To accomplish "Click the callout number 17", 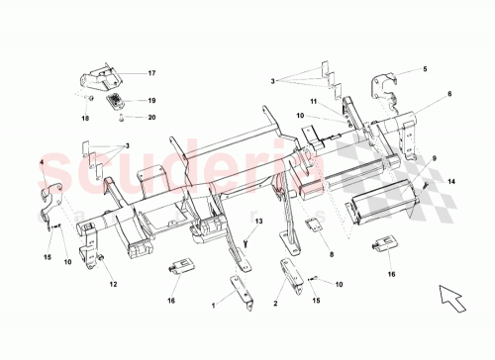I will pos(152,74).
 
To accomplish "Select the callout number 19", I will pos(152,101).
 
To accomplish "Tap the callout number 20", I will pos(152,117).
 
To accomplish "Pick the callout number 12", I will pos(112,285).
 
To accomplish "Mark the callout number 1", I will pos(212,308).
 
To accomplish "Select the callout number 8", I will pos(331,255).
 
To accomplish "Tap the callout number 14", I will pos(452,183).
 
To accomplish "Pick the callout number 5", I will pos(425,70).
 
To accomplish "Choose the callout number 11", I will pos(312,102).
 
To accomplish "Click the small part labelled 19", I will pos(118,102).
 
